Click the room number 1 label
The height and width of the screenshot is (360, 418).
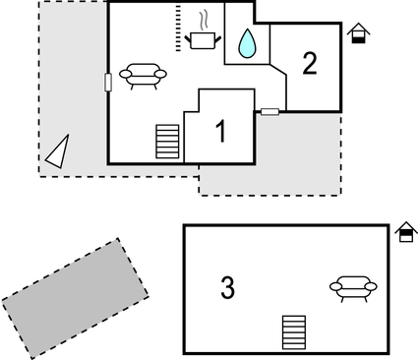(x=220, y=131)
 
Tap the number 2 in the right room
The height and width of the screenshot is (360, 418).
(x=310, y=64)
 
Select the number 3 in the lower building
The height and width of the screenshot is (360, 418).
(x=227, y=288)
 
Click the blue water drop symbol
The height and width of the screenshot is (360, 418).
(x=248, y=42)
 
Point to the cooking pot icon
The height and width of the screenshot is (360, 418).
(x=204, y=39)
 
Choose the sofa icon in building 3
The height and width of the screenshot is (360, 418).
(x=353, y=287)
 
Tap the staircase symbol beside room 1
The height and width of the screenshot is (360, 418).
(x=168, y=141)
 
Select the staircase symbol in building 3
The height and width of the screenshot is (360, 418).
(x=293, y=331)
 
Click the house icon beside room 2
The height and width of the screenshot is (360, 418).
(x=360, y=34)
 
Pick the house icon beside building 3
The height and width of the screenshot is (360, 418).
(x=405, y=232)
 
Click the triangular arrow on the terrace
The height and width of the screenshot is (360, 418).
(x=58, y=150)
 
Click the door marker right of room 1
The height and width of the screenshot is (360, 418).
(x=269, y=111)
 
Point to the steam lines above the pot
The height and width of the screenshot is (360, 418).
(x=204, y=20)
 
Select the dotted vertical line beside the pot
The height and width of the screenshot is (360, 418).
(x=179, y=26)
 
